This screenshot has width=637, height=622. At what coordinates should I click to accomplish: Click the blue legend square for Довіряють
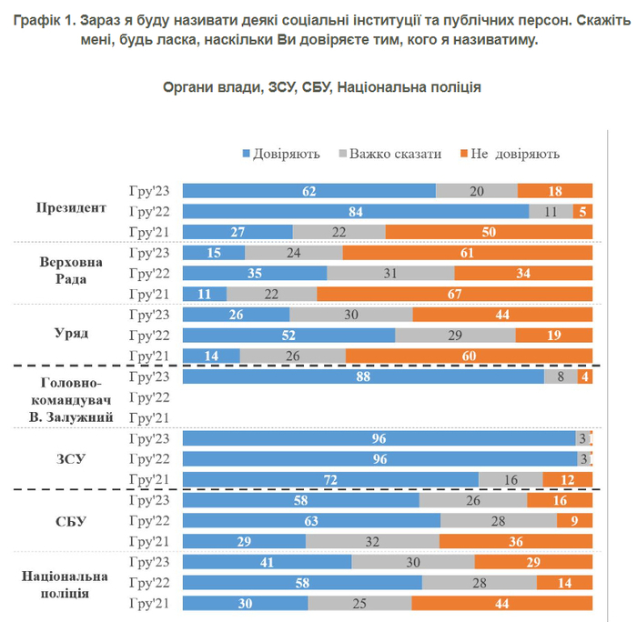(246, 154)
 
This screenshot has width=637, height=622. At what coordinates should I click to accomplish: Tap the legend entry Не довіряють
(513, 154)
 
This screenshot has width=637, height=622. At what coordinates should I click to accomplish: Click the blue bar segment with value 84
(356, 211)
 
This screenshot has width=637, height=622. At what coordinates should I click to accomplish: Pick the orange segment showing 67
(455, 294)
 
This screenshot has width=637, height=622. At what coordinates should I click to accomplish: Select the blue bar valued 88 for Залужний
(363, 376)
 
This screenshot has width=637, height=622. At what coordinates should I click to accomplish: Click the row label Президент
(71, 207)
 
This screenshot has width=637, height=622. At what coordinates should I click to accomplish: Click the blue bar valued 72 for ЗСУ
(330, 479)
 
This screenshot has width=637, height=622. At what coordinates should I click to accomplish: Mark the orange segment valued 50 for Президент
(489, 232)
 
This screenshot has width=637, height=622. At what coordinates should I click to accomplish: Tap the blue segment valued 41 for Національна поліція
(267, 563)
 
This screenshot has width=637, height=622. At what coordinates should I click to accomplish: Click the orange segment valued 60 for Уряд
(470, 356)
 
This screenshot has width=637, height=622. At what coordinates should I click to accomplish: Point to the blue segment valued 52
(288, 335)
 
